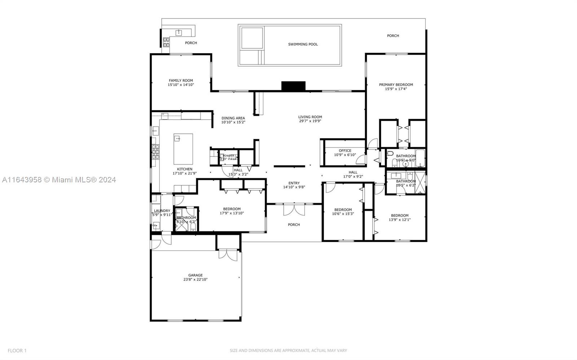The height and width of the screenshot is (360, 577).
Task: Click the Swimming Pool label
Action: point(303,44)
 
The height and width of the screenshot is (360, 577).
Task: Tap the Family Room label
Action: point(181,81)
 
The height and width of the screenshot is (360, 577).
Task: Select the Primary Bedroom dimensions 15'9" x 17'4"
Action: point(396,89)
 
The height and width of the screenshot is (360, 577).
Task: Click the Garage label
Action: point(195,275)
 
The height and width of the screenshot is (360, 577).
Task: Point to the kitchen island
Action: point(183,149)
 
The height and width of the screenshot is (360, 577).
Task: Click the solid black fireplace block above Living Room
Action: point(293,86)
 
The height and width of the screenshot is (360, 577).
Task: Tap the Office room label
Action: point(345,151)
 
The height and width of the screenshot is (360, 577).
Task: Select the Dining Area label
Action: point(233,118)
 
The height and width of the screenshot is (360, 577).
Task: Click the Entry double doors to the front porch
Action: point(294,209)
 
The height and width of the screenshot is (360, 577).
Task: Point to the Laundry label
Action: point(162,211)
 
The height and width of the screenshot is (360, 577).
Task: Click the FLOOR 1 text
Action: point(17,350)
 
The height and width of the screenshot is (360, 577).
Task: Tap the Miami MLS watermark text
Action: point(58,179)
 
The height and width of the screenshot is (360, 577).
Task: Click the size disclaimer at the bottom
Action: point(288,350)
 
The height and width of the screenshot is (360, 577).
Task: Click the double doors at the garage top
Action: point(228,254)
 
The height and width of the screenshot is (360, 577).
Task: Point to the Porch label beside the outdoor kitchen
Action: point(191,43)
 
